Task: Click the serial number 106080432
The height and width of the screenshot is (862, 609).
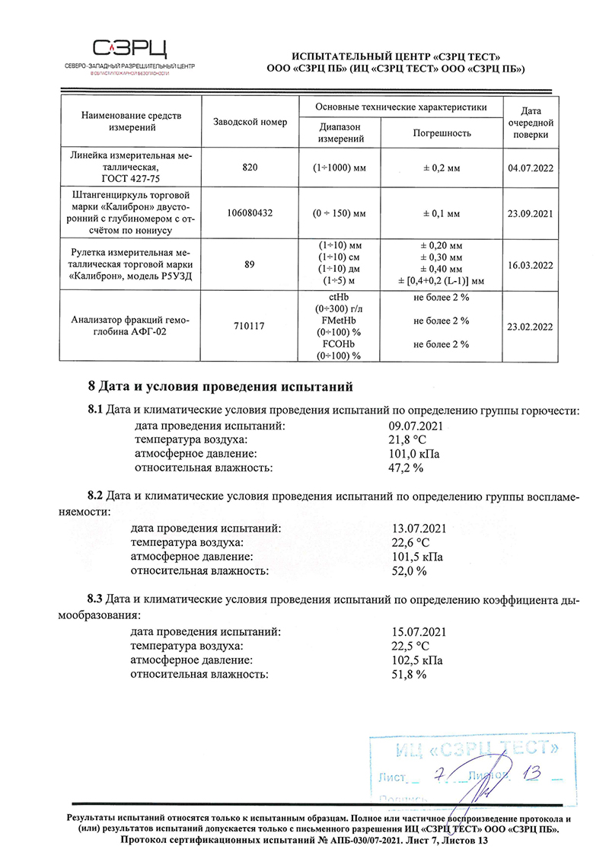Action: tap(250, 214)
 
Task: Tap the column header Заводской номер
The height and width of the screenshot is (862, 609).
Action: tap(250, 123)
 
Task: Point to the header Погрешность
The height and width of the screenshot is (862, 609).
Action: tap(442, 133)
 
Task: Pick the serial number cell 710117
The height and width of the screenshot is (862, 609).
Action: tap(250, 326)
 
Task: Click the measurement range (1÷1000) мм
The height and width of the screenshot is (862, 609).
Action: tap(339, 168)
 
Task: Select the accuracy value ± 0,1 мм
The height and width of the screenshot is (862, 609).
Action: tap(442, 214)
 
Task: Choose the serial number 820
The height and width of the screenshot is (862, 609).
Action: tap(250, 168)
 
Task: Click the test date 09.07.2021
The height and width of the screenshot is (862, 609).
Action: tap(416, 426)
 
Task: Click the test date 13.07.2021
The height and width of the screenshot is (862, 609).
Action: tap(416, 528)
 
